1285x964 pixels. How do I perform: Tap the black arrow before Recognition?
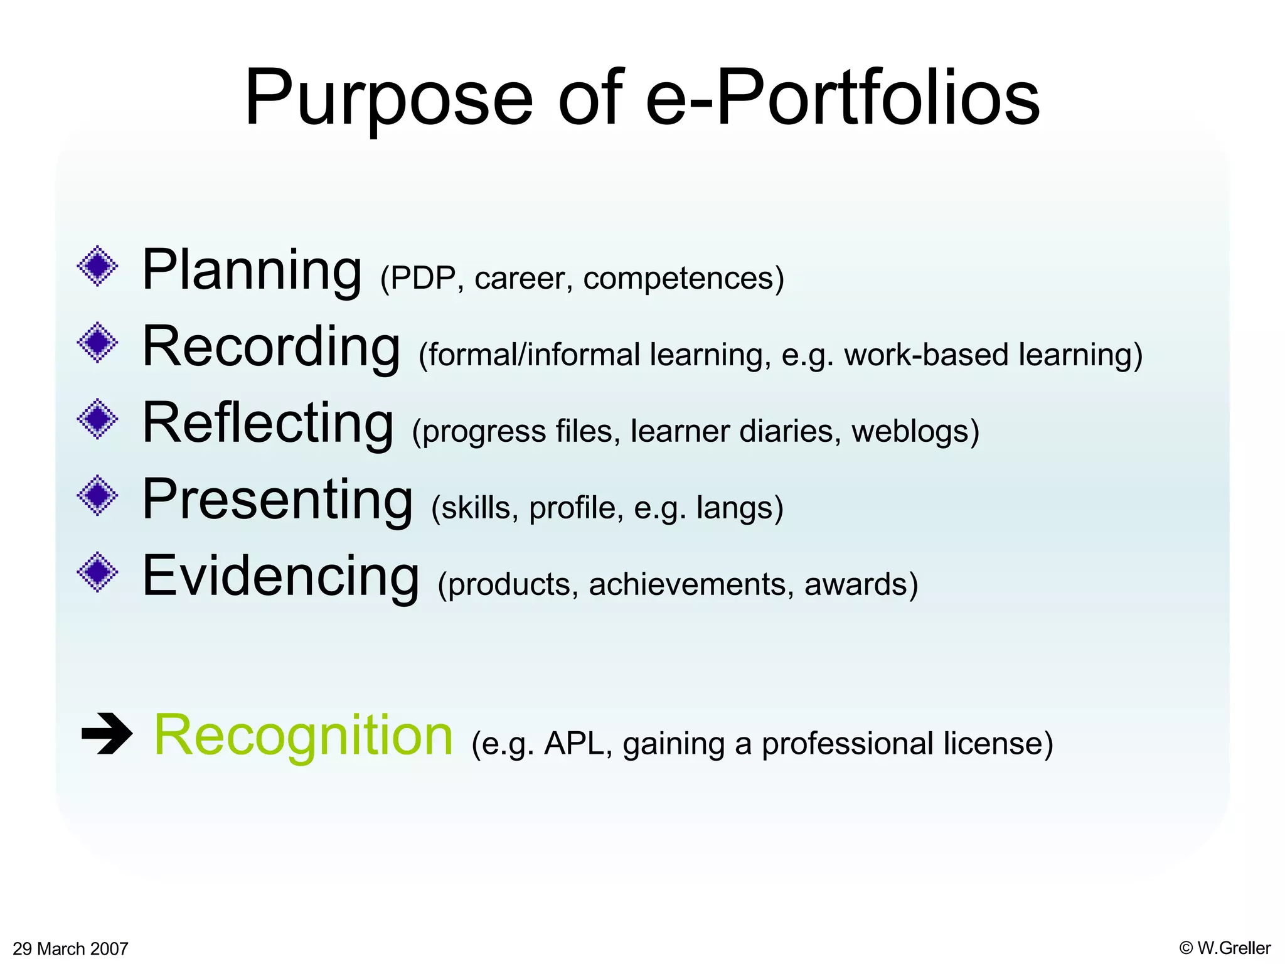point(107,733)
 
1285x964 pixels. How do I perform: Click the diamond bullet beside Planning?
point(97,266)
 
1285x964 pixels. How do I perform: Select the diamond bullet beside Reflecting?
point(97,419)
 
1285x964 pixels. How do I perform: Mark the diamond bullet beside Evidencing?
point(97,572)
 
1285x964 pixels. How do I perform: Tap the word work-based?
point(926,355)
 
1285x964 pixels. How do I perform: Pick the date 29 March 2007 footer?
point(70,948)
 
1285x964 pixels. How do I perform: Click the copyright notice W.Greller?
point(1225,948)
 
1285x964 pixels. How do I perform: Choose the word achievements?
point(688,584)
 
